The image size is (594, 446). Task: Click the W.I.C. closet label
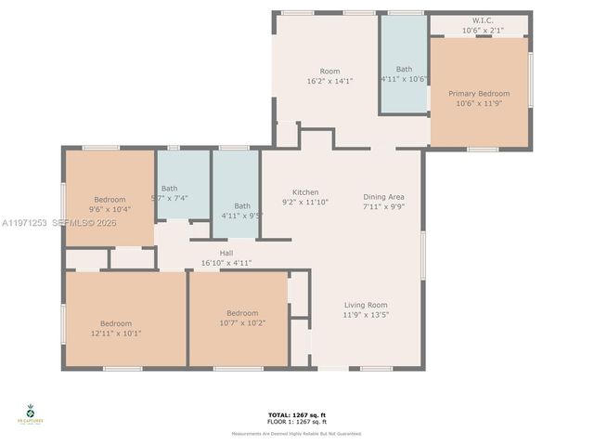coord(482,20)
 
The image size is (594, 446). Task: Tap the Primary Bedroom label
coord(479,94)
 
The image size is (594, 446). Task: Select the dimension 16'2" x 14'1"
coord(329,82)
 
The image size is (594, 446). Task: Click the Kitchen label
coord(305,192)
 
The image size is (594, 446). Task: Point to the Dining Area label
coord(383,196)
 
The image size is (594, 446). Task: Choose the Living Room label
coord(366,305)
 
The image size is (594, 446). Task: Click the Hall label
coord(226,253)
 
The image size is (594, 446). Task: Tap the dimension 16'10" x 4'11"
coord(226,263)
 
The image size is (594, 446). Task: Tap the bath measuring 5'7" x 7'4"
coord(169,192)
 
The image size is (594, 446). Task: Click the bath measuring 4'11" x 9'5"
coord(242,210)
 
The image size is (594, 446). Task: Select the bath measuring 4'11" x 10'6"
coord(404,74)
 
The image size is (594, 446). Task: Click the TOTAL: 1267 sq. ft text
coord(297,414)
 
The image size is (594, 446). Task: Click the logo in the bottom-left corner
coord(30,414)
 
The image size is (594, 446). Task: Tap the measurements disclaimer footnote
coord(297,434)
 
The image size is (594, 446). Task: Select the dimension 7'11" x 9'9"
coord(383,206)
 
